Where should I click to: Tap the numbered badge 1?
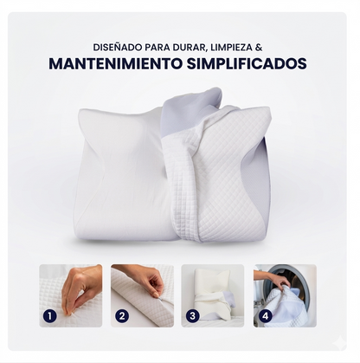coord(50,315)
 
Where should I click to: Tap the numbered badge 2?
coord(121,315)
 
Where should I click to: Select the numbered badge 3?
coord(192,315)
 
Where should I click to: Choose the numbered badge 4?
coord(264,315)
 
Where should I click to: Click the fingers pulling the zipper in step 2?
coord(147,279)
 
